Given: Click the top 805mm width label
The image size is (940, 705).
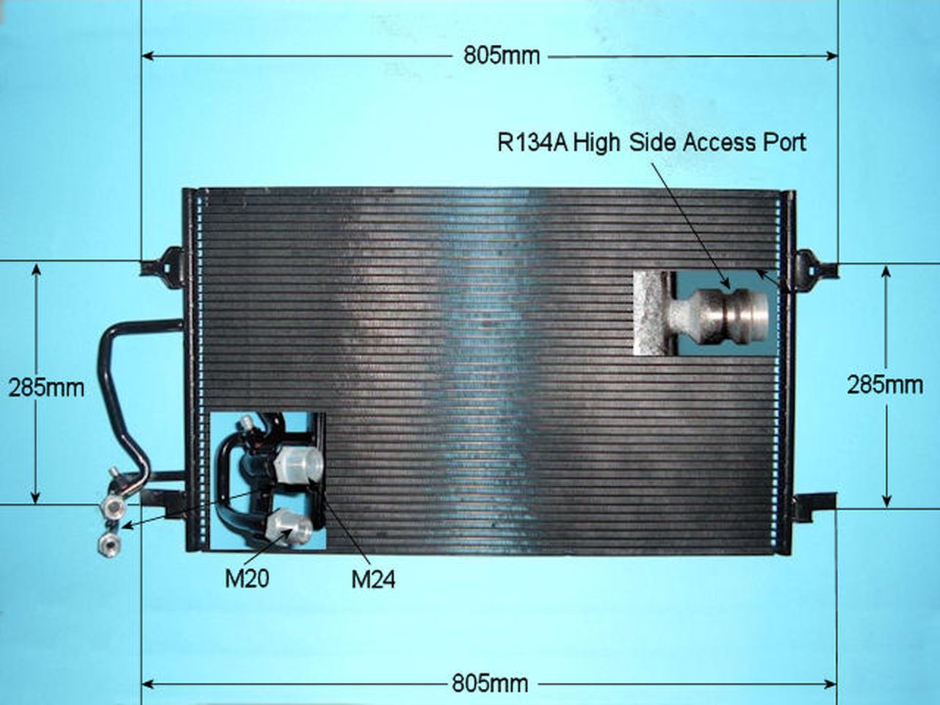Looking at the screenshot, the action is coord(502,56).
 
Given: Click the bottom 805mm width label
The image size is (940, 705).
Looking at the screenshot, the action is coord(490,684).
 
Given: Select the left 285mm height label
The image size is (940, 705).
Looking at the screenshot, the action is coord(47,388).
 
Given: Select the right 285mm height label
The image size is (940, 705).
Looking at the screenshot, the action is coord(885,386).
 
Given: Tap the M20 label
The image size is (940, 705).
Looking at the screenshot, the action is coord(247,579).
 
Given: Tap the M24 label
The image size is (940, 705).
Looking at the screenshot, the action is coord(373,580).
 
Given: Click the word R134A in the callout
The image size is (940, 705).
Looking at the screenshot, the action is coord(532,142).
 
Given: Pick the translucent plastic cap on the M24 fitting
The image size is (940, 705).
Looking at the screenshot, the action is coord(298,464).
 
